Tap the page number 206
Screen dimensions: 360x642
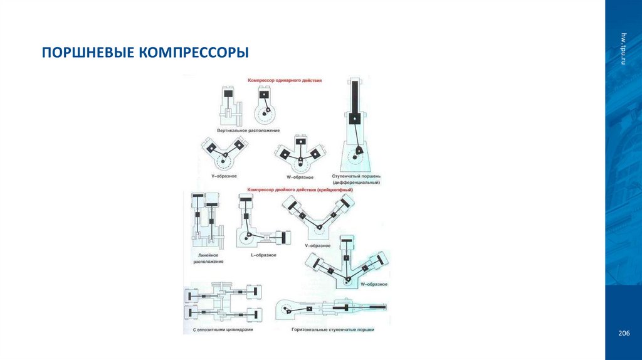coord(623,332)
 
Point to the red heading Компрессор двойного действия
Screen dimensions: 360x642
coord(301,189)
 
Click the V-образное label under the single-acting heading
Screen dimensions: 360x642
coord(223,177)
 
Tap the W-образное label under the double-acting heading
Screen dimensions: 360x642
coord(374,284)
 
